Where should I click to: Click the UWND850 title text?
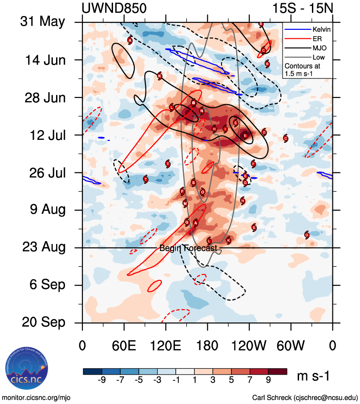click(114, 8)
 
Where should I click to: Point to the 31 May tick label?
click(43, 22)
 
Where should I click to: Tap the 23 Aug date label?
click(44, 247)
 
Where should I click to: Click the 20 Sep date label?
click(44, 322)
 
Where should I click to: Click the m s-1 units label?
click(313, 376)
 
